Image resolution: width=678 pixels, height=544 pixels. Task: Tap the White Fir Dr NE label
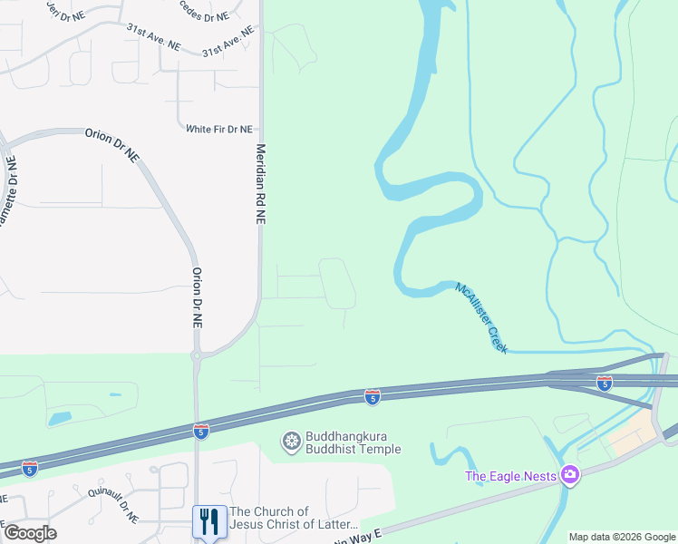[218, 130]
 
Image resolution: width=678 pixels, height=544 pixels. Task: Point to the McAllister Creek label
[482, 317]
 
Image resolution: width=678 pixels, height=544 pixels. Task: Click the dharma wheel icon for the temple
[291, 442]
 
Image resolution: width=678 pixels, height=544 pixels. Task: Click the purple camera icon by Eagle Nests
[569, 474]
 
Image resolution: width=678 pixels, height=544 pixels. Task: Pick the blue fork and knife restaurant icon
[209, 520]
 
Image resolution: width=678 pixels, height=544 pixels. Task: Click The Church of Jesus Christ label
[294, 519]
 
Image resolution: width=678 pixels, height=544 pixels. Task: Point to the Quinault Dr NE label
[113, 504]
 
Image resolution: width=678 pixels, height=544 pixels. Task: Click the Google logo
[30, 533]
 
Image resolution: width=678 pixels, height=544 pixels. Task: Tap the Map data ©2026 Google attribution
[622, 537]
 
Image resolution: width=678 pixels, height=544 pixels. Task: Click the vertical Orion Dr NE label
[196, 297]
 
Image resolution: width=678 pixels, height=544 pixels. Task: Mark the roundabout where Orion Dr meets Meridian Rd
[196, 356]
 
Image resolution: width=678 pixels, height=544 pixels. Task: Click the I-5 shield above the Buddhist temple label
[372, 396]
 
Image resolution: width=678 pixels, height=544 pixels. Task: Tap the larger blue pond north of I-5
[61, 418]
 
